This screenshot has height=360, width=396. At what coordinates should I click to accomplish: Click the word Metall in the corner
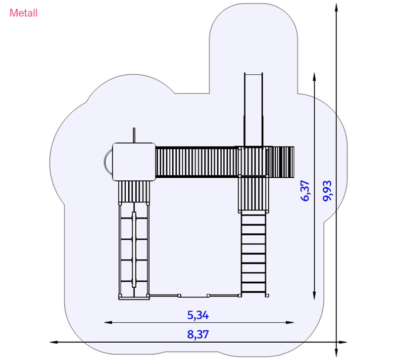[23, 13]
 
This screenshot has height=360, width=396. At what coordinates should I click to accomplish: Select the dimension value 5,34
[198, 315]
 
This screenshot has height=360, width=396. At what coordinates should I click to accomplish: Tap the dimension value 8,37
[198, 334]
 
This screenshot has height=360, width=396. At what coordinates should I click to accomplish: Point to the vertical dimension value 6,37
[305, 191]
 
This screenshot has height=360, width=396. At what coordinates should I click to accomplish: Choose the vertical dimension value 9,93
[327, 191]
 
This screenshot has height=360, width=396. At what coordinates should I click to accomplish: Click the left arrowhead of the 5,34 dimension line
[108, 322]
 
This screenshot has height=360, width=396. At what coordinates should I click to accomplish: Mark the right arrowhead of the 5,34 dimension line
[290, 322]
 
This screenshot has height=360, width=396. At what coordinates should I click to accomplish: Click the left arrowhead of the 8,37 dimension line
[54, 342]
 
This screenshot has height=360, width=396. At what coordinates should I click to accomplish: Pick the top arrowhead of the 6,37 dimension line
[314, 77]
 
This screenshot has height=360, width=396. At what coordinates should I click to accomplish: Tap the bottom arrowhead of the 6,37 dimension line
[314, 295]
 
